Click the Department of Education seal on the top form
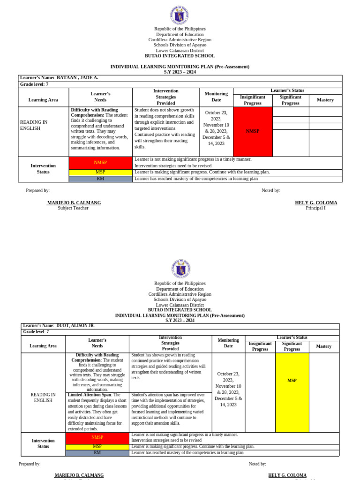180,15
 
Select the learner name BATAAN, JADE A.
77,78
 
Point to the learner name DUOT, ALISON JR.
75,325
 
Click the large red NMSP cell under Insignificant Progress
253,131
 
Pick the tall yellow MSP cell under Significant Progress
292,381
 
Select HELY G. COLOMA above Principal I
315,203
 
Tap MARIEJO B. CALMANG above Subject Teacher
74,203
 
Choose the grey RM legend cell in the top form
100,179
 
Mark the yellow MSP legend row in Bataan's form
100,172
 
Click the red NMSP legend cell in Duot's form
97,438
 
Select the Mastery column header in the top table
325,100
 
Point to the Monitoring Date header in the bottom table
228,343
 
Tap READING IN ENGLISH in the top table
34,125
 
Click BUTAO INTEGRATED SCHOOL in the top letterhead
180,56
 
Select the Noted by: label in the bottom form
257,464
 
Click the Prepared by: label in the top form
37,190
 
